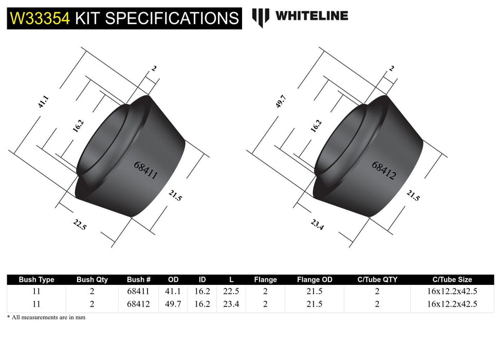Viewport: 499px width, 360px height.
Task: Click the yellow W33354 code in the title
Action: click(40, 18)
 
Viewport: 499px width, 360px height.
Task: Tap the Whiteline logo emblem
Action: click(261, 17)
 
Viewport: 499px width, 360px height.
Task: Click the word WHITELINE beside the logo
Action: click(311, 16)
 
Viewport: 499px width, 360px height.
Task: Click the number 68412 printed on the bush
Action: click(383, 170)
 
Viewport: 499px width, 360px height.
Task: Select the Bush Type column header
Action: click(36, 280)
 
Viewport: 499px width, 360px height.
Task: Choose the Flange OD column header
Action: click(315, 280)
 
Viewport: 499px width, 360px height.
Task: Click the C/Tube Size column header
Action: click(452, 280)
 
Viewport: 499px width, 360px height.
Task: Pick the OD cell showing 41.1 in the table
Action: click(174, 291)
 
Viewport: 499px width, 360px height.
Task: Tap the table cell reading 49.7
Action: click(174, 304)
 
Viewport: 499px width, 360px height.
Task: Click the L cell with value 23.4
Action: click(232, 304)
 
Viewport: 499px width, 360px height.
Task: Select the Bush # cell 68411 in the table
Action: click(138, 291)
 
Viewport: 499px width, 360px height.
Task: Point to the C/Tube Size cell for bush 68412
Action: click(452, 304)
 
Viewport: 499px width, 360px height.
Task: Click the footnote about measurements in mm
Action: click(46, 317)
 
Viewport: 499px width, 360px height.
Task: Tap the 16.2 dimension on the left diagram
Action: click(78, 127)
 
